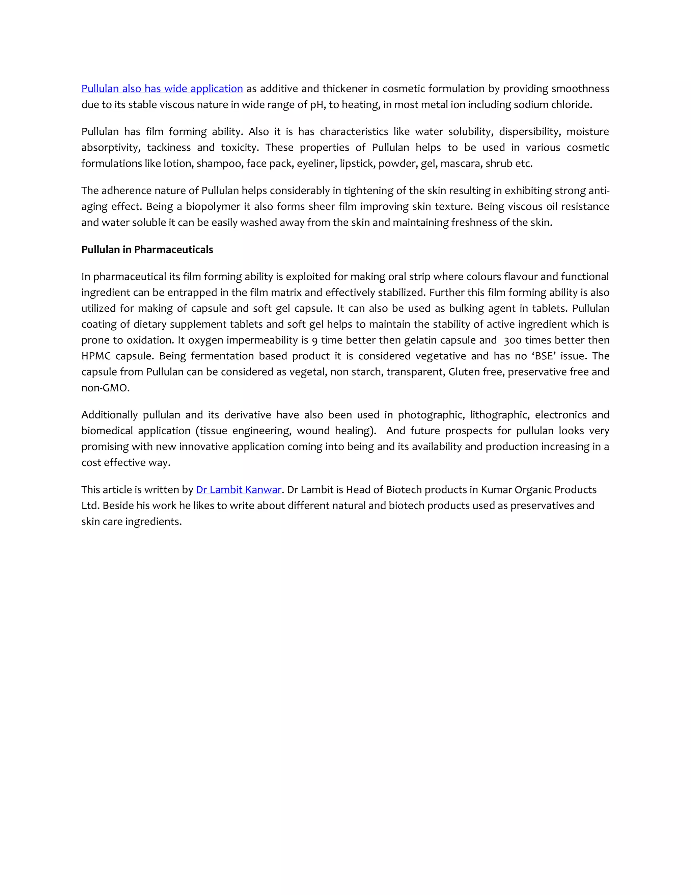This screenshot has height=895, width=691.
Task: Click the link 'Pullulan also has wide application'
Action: pyautogui.click(x=162, y=88)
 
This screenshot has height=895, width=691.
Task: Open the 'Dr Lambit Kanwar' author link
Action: pyautogui.click(x=238, y=490)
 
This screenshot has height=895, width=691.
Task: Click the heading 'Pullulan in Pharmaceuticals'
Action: pyautogui.click(x=147, y=250)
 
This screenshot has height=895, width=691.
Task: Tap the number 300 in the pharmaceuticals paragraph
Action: pyautogui.click(x=513, y=340)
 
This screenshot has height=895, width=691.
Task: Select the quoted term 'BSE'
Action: pyautogui.click(x=544, y=356)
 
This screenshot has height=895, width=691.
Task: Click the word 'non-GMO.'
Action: pyautogui.click(x=105, y=388)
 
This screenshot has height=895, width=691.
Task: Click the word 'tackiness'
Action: pyautogui.click(x=169, y=148)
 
